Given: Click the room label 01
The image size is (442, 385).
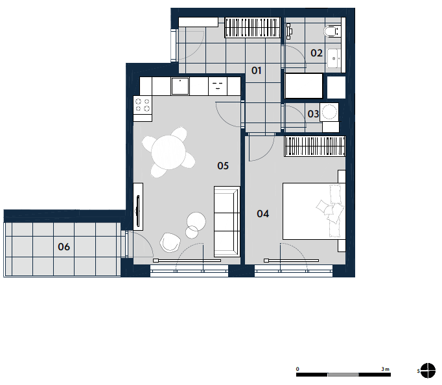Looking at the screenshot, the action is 256,71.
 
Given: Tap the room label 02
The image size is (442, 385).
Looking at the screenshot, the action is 316,53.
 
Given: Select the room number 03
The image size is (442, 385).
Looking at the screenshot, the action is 313,114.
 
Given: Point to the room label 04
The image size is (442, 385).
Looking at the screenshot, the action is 262,214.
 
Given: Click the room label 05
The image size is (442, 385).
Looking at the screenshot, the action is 223,166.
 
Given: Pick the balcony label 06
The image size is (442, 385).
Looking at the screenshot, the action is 64,247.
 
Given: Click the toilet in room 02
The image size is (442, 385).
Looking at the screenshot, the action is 332,31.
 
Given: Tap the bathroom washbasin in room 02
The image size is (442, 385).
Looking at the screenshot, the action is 334,58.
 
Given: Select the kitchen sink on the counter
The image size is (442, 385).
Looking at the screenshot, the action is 180,86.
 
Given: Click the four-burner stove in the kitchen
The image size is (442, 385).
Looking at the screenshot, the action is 143,104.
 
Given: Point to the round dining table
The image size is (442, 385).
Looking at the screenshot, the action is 169,152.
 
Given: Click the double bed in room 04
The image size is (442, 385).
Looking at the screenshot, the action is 314,211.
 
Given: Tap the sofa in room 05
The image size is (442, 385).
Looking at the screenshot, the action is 227,222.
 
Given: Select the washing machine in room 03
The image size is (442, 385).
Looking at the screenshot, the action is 329,112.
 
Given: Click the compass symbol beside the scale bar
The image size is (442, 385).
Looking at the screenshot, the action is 428,370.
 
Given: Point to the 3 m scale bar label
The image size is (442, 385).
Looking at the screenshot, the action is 386,369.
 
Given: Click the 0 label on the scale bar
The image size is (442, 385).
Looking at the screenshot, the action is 297,369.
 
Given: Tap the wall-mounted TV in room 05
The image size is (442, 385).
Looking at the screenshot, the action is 138,211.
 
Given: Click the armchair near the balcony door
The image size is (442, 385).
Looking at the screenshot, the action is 170,242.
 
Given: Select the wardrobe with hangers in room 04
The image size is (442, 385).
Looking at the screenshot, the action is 315,146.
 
